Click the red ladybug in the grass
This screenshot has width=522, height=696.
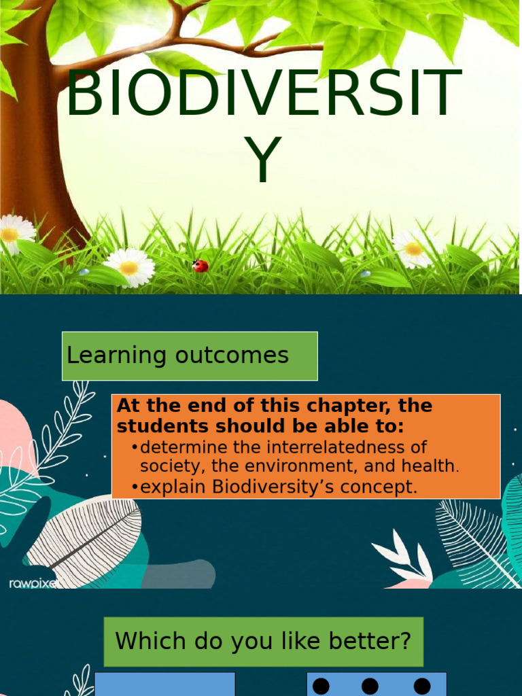pyautogui.click(x=200, y=266)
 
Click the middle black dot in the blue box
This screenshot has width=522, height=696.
pyautogui.click(x=370, y=686)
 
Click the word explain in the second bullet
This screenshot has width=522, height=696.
pyautogui.click(x=174, y=487)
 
